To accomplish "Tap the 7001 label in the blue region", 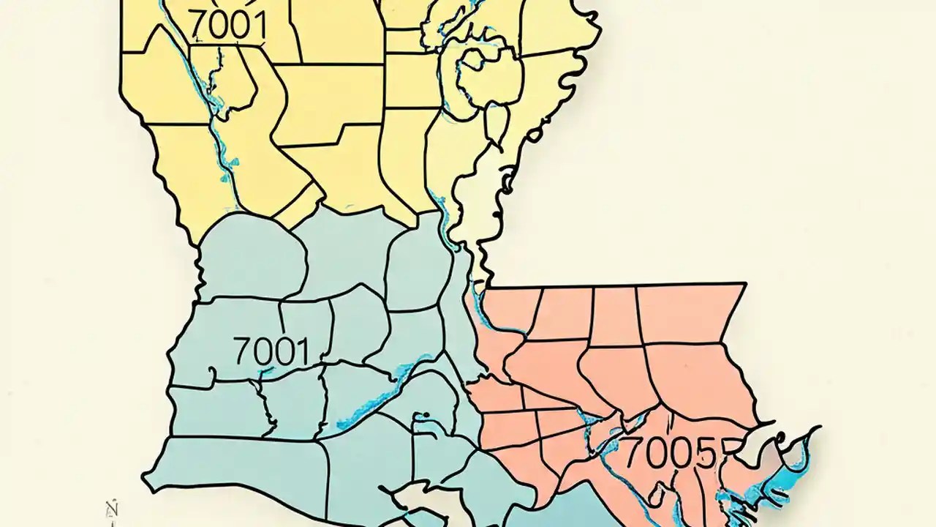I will [271, 352].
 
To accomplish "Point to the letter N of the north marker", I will [113, 507].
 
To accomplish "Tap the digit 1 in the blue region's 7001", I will [301, 352].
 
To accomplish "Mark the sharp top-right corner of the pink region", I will [745, 283].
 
